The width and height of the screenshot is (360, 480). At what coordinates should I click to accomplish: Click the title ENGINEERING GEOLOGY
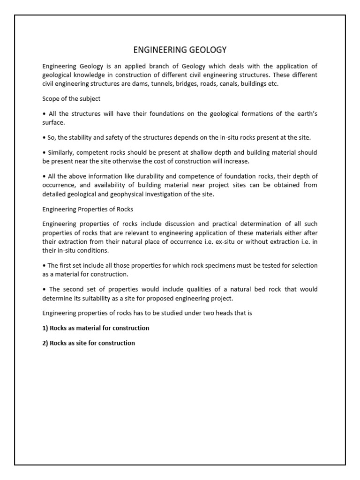(x=180, y=49)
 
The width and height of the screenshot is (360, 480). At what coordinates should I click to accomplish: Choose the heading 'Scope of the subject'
(x=71, y=99)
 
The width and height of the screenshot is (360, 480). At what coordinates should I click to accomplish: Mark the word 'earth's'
(x=306, y=114)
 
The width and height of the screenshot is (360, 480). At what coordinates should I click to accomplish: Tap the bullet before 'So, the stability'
(x=44, y=137)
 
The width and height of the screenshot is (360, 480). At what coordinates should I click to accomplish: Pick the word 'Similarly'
(x=61, y=153)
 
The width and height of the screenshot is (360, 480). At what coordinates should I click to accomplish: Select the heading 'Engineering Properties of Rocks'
(x=88, y=209)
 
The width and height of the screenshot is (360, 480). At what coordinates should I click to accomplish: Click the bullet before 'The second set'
(x=44, y=290)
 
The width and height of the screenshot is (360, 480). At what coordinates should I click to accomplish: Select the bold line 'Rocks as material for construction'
(x=96, y=328)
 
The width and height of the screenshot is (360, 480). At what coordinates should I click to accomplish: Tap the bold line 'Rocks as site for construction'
(x=89, y=343)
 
